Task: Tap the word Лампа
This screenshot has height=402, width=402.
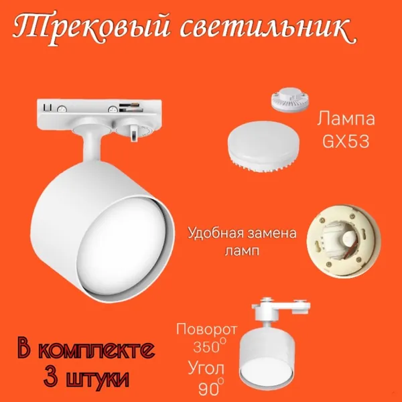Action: pos(346,120)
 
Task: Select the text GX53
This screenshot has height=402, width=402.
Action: pos(346,141)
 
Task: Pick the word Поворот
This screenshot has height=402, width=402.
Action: pos(206,330)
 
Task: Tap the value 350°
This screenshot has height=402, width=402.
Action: pos(210,346)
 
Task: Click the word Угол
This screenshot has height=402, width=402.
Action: pos(206,368)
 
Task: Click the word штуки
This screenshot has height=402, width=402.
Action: pos(97,379)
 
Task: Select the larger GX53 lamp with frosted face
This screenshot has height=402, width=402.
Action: pos(263,146)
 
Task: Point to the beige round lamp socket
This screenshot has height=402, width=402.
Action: pos(344,241)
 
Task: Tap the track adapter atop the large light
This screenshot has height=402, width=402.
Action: pos(99,115)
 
